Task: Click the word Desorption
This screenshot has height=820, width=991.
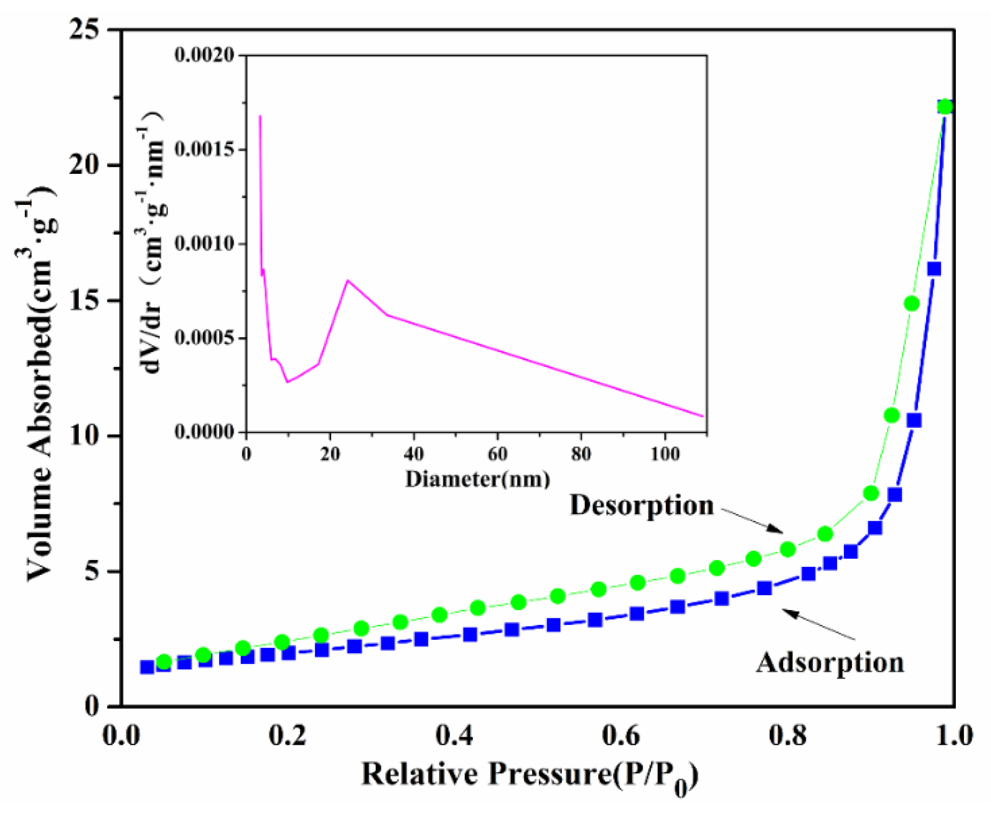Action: (x=642, y=506)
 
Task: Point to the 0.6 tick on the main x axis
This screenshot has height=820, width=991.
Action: (x=621, y=736)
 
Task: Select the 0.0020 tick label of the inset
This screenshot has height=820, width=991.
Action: (x=204, y=55)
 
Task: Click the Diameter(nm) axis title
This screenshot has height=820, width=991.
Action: (x=478, y=479)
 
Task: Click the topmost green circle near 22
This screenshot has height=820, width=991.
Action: (x=945, y=107)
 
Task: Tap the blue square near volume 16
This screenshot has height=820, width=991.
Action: (x=934, y=269)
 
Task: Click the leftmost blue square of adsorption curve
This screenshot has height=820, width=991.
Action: (x=147, y=667)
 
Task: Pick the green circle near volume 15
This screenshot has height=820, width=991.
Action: (x=912, y=304)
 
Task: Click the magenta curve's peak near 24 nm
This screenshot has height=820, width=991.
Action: (x=348, y=280)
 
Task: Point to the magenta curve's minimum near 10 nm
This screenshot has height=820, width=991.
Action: (x=288, y=382)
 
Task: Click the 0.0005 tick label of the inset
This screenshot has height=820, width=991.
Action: (x=204, y=338)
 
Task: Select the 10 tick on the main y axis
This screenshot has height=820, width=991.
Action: (x=84, y=436)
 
